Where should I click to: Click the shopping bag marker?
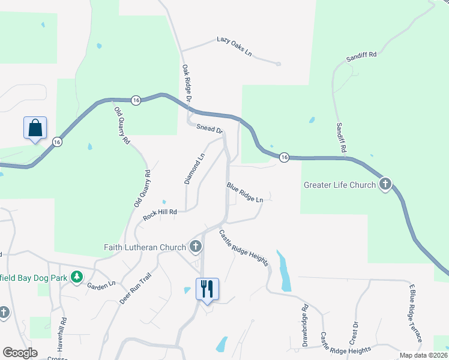(x=35, y=128)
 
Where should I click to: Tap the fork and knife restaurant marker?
(x=206, y=289)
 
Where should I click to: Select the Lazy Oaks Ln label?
(x=234, y=47)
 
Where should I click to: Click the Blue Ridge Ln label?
(x=244, y=192)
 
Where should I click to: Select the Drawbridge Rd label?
(x=305, y=325)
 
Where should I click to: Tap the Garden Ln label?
(x=101, y=284)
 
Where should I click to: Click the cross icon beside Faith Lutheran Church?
(x=195, y=246)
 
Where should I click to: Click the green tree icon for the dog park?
(x=76, y=277)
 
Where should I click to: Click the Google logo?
(x=20, y=353)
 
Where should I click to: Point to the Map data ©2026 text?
(x=423, y=355)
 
